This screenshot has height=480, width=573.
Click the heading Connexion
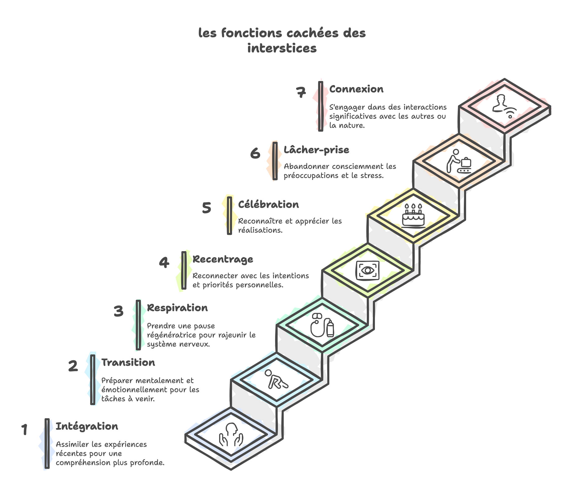click(x=356, y=89)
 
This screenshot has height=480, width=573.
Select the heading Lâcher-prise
click(x=316, y=150)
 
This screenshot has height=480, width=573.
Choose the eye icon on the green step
click(x=368, y=271)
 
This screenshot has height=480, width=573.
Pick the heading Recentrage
click(x=223, y=259)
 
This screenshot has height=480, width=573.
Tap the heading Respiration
click(x=177, y=308)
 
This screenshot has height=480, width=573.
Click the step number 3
click(x=118, y=311)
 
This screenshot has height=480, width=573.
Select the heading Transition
click(x=128, y=363)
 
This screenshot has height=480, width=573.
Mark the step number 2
click(x=73, y=366)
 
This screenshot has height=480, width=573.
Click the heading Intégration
click(x=87, y=426)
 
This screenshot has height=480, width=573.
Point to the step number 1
click(x=25, y=430)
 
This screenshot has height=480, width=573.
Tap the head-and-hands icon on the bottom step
click(x=231, y=435)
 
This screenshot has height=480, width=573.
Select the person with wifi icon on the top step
click(x=505, y=106)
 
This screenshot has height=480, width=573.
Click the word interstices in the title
click(x=282, y=48)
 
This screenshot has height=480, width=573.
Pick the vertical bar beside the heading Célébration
click(x=230, y=215)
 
